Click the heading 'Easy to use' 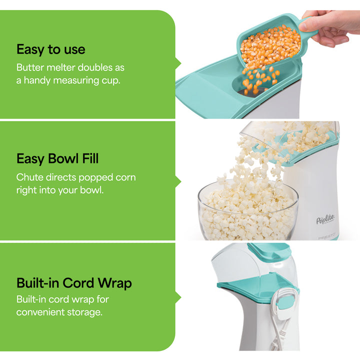coord(50,49)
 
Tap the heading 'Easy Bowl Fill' coord(57,159)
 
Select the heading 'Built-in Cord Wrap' coord(74,283)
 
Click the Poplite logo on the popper coord(325,219)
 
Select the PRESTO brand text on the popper coord(328,237)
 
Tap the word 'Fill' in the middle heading coord(89,159)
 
